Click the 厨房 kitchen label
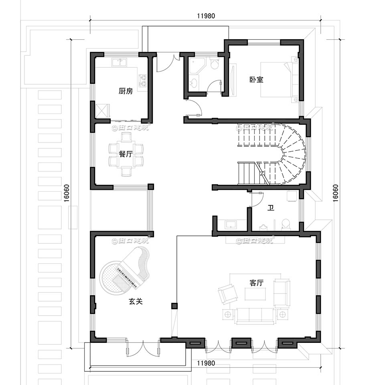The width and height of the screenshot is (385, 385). [x=126, y=91]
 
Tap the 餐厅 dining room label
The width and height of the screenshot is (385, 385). [x=126, y=154]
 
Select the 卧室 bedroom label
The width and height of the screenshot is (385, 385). [x=256, y=79]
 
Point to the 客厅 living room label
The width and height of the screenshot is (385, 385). [x=256, y=283]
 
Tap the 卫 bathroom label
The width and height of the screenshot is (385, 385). [x=271, y=208]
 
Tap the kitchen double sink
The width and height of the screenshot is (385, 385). [x=119, y=63]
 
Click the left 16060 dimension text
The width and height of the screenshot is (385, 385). [x=67, y=193]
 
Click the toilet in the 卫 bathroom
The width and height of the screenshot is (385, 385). [x=286, y=223]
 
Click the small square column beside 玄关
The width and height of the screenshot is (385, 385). [x=174, y=306]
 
